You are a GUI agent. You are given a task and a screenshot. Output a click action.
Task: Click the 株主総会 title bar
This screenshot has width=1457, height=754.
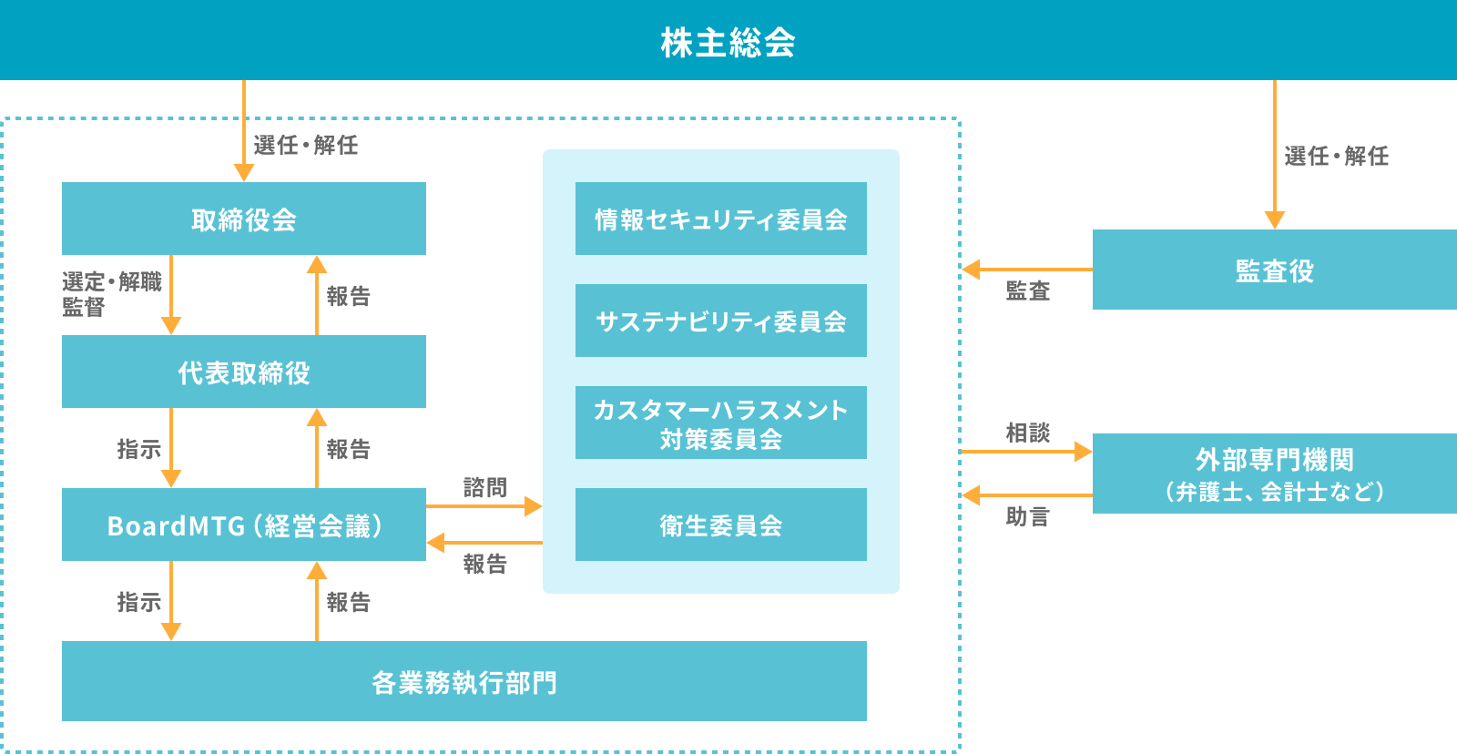728,41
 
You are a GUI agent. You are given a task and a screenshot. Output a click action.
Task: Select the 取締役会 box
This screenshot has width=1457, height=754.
244,219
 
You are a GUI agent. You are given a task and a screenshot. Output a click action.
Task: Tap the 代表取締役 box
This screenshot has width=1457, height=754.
244,372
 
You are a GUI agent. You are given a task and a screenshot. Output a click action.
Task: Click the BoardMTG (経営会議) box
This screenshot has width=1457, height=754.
244,525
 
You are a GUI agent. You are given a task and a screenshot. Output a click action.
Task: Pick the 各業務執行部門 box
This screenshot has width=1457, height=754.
464,681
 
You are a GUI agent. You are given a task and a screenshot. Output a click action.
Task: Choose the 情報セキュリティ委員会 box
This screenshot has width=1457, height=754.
721,219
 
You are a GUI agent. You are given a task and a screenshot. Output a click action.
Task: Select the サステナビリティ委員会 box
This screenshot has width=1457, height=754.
721,321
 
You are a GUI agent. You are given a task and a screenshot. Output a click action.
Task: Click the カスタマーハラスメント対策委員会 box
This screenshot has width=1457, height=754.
721,423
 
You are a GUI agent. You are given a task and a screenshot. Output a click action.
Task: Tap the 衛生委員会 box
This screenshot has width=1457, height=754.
721,525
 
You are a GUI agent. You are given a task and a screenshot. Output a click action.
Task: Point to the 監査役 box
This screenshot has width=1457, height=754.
1275,270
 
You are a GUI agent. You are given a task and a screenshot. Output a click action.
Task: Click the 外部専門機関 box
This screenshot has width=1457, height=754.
1275,474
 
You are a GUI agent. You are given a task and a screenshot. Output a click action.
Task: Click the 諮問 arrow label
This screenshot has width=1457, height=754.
484,487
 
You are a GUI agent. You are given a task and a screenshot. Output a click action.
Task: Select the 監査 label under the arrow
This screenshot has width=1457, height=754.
1028,290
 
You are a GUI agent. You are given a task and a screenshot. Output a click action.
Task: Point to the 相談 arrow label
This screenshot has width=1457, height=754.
1028,433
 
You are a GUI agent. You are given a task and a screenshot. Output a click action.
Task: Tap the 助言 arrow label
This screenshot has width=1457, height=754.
1028,516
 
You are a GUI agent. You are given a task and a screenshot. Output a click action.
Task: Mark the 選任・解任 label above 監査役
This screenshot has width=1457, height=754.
1337,156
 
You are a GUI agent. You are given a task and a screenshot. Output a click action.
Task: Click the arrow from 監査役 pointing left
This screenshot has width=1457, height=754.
1027,270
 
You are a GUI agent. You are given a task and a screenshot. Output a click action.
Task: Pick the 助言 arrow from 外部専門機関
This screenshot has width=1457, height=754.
1027,495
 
